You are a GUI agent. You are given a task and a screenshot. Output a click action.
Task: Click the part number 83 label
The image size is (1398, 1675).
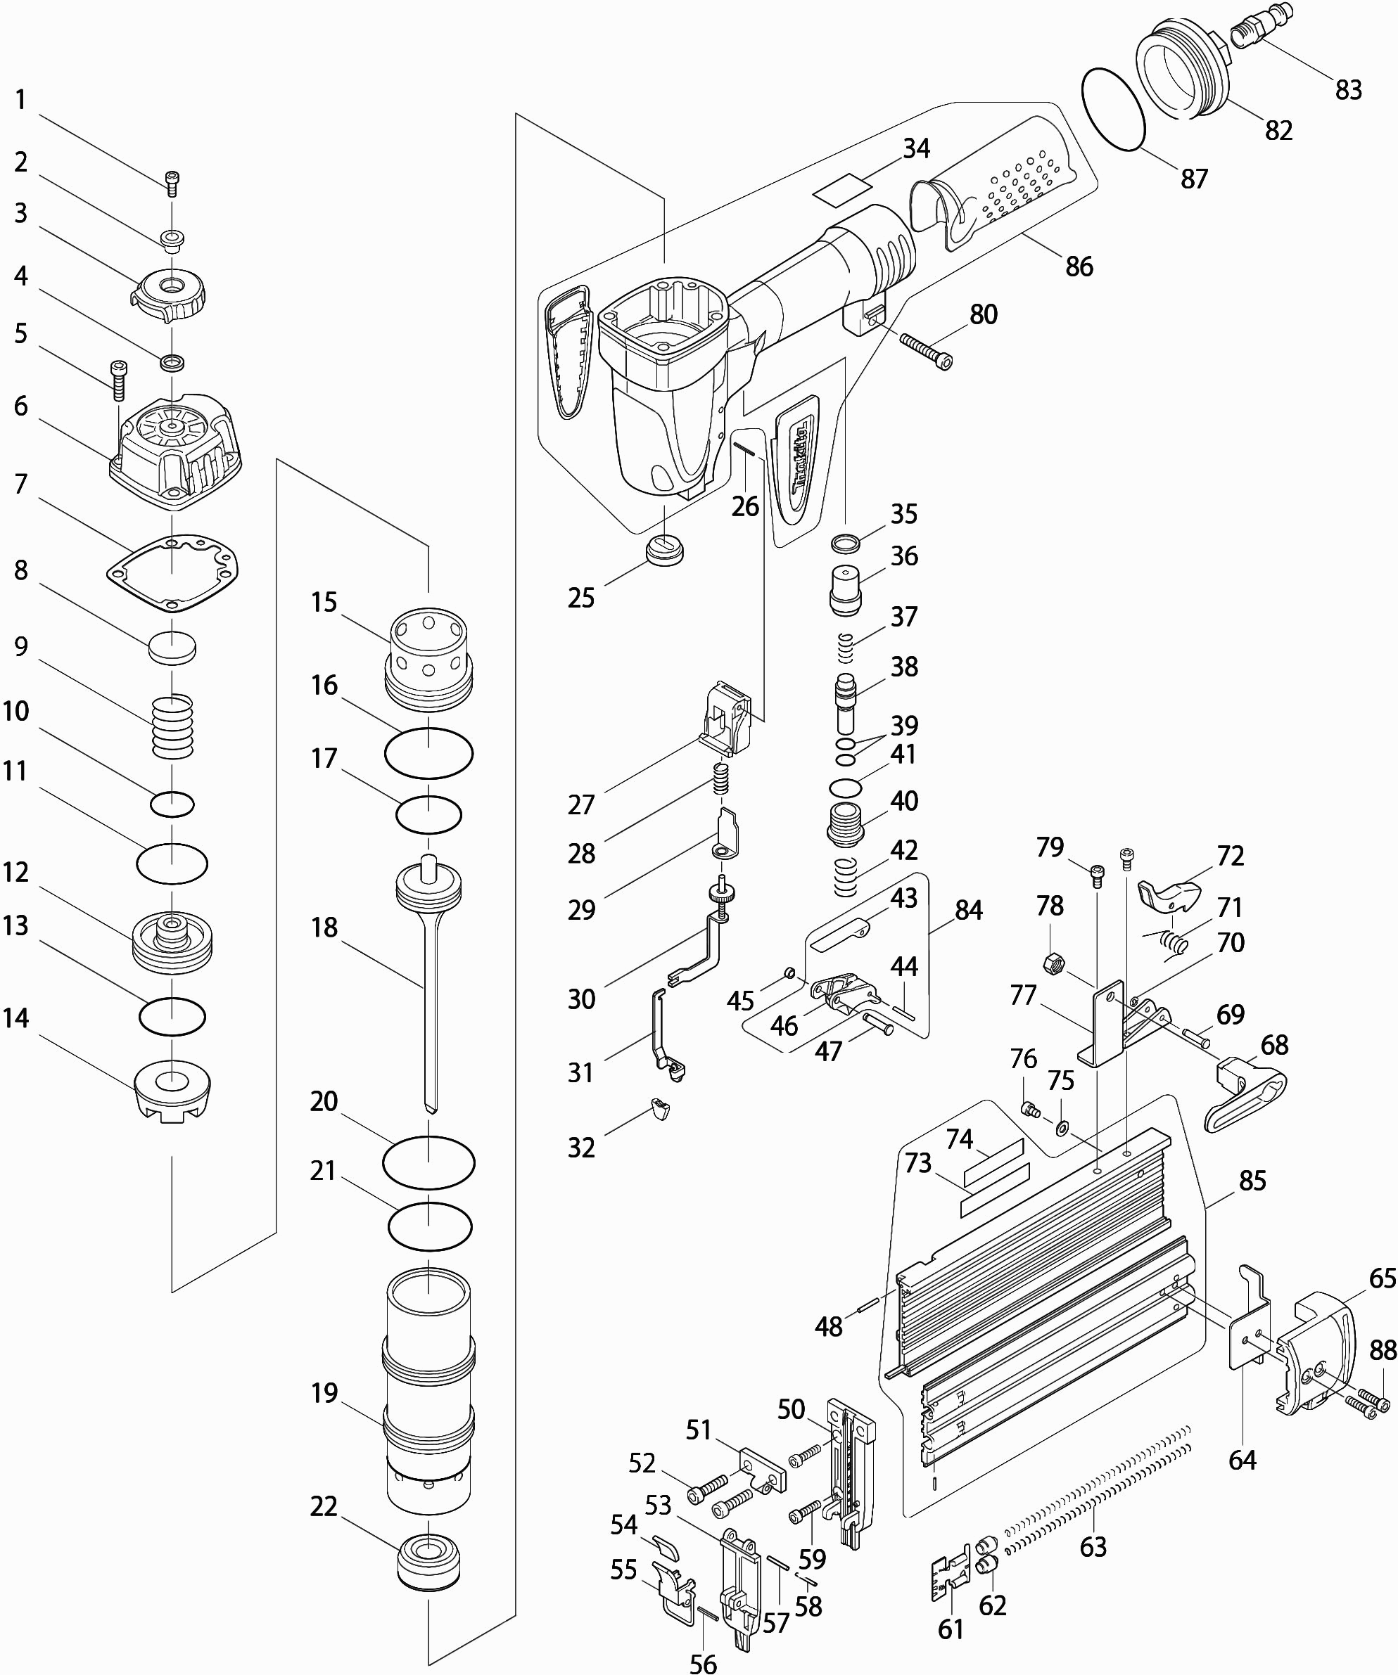point(1349,89)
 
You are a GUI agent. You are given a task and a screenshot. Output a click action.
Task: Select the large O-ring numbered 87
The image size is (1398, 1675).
point(1113,108)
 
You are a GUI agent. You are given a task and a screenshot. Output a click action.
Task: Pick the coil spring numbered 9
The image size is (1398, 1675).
point(172,726)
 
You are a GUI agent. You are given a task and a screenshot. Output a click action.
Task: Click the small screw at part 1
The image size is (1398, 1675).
point(172,184)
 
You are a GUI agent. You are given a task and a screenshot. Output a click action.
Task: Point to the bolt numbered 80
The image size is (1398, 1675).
point(926,350)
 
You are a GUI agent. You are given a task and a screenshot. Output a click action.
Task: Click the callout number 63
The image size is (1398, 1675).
point(1093,1546)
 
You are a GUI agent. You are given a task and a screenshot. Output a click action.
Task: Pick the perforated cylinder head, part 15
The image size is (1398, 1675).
point(429,657)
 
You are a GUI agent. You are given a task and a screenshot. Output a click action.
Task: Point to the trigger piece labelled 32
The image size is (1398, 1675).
point(659,1108)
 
